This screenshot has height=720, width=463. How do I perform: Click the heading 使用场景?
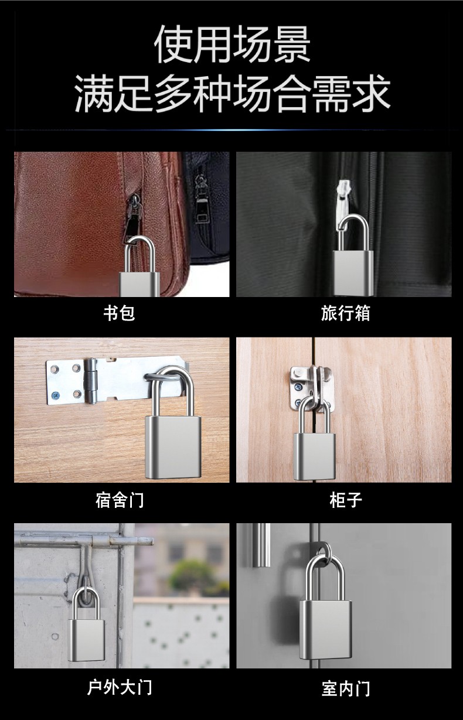click(x=232, y=45)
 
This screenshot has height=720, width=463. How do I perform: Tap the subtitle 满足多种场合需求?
click(x=233, y=94)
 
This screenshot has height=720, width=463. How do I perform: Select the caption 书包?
click(x=119, y=313)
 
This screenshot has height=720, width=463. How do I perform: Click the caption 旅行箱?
click(x=346, y=313)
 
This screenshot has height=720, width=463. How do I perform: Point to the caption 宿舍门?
click(x=120, y=500)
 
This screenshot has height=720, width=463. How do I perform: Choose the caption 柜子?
click(x=346, y=500)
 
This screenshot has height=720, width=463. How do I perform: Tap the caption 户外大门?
click(x=120, y=687)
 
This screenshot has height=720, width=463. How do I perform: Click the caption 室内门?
click(x=346, y=687)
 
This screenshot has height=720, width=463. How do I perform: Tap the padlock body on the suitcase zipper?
click(x=353, y=273)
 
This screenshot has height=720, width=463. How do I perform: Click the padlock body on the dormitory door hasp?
click(x=173, y=447)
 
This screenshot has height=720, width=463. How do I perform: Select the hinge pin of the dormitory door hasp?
click(x=91, y=381)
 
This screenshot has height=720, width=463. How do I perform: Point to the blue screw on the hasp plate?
click(x=55, y=394)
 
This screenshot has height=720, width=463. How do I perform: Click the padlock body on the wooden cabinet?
click(x=315, y=456)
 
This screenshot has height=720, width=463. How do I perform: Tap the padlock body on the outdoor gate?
click(x=86, y=640)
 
